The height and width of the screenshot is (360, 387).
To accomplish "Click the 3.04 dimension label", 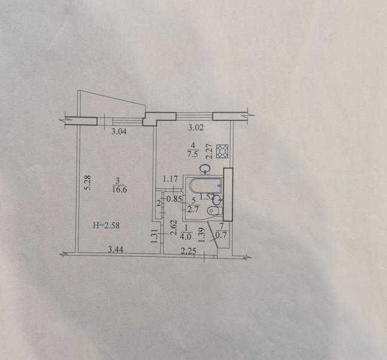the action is coord(119,131).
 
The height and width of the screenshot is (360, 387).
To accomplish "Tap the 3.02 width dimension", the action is coord(196,127).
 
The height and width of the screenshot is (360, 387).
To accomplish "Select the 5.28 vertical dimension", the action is coord(88,182).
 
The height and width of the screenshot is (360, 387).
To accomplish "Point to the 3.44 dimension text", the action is coord(116,250).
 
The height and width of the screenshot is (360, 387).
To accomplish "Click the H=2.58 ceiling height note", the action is coord(106,225).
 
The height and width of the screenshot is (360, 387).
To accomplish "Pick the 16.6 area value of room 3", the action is coord(119,189).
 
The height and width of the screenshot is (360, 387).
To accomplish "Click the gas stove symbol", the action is coord(222,151).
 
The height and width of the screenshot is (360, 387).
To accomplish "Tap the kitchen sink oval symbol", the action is coord(205,169).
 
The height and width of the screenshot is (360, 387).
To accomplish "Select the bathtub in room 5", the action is coord(206,185).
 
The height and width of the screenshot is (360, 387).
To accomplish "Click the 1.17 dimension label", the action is coord(170,179).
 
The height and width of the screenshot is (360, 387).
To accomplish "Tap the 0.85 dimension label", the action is coord(174,199).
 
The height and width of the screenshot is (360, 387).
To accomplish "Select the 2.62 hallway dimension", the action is coord(174,228).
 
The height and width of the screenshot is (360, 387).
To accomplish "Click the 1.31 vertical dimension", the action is coord(154,237).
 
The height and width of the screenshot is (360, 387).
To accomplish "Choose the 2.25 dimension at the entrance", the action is coord(189,251).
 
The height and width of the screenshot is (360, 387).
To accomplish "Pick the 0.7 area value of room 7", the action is coord(221,235).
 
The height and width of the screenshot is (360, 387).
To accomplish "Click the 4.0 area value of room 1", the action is coord(186,236).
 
